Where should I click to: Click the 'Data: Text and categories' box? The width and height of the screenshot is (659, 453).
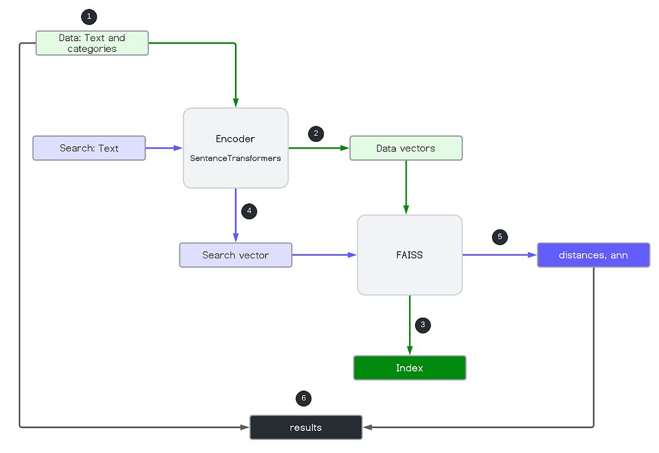click(x=92, y=43)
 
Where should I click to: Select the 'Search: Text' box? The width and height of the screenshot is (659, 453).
click(x=89, y=148)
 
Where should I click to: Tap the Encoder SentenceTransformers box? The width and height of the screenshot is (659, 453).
click(x=236, y=147)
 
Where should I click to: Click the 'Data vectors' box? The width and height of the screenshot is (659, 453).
click(x=406, y=148)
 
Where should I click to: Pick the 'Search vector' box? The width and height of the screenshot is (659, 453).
click(x=236, y=255)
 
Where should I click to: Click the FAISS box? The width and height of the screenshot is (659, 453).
click(x=409, y=255)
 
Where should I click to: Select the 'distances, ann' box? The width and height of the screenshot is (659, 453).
click(x=593, y=255)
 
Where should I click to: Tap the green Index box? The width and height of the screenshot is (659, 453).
click(x=409, y=368)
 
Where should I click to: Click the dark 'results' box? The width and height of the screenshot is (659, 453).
click(x=305, y=427)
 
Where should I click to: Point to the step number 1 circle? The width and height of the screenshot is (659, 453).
click(x=88, y=17)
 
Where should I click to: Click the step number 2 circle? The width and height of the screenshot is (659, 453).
click(x=316, y=134)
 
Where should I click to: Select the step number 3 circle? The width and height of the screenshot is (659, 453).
click(x=423, y=325)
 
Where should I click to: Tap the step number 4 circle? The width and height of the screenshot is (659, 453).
click(x=249, y=211)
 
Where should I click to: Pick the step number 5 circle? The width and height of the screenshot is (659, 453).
click(x=500, y=237)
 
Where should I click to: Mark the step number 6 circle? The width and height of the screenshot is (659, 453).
click(x=304, y=398)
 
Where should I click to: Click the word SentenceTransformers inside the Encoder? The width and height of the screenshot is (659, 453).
click(x=236, y=159)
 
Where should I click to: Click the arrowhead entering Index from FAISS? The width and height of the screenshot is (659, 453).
click(x=409, y=350)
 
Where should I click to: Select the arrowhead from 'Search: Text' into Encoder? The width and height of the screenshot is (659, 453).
click(x=178, y=148)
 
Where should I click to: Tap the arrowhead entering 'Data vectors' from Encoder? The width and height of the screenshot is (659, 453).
click(x=345, y=148)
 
